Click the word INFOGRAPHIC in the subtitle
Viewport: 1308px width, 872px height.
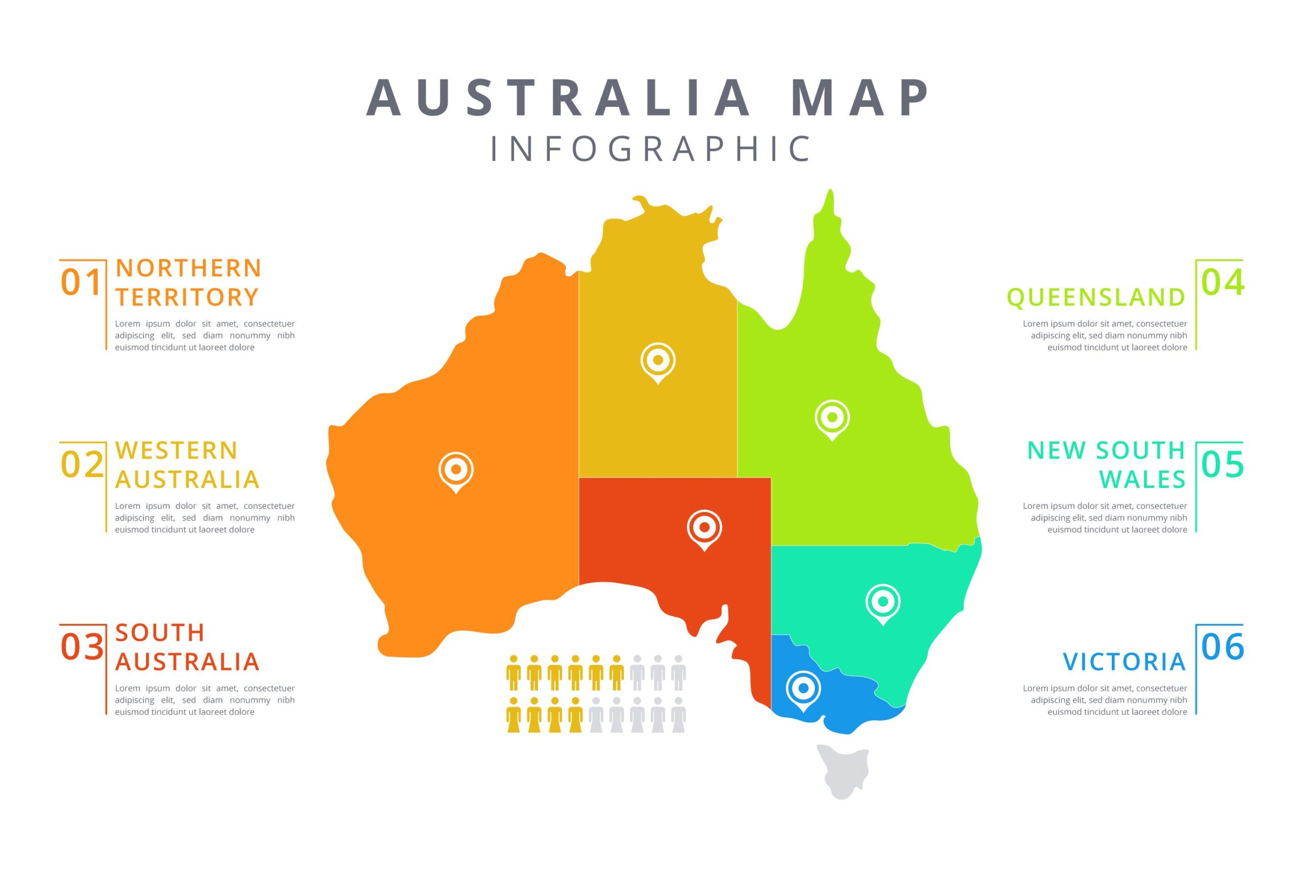[650, 149]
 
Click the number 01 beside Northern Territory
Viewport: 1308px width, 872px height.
[81, 282]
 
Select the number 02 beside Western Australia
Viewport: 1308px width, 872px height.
[82, 464]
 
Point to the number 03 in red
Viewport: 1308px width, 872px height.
[82, 647]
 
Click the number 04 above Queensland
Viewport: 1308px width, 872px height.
[1222, 282]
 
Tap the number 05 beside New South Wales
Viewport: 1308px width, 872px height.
[1222, 464]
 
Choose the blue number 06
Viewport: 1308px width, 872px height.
[1222, 647]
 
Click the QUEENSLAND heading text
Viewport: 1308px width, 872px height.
[1095, 297]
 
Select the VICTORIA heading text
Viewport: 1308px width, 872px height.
[1125, 662]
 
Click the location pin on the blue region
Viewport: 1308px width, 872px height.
[803, 690]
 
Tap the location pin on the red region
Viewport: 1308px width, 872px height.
[704, 528]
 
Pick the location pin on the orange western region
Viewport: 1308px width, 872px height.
[456, 470]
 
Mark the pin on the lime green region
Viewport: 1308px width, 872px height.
[832, 418]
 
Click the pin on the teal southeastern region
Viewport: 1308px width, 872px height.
[882, 602]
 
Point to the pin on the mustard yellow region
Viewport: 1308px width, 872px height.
[658, 362]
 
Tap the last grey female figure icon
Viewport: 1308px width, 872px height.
[679, 715]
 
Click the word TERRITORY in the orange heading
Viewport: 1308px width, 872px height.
[188, 297]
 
